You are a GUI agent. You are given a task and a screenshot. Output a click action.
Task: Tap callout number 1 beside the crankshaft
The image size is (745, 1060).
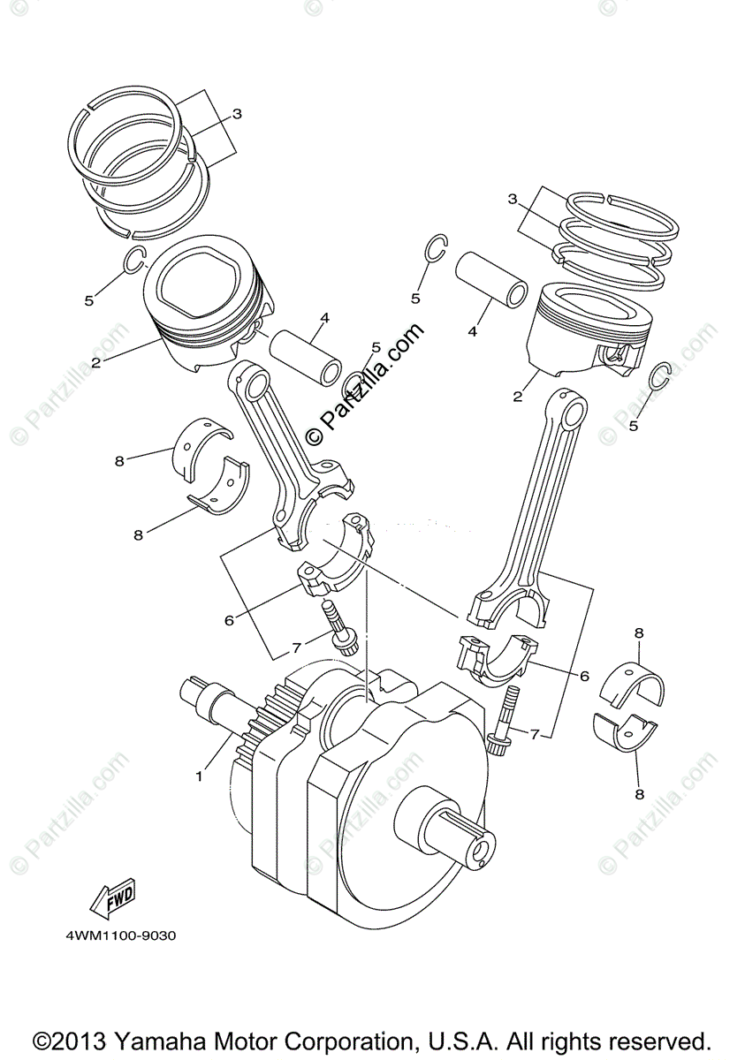(x=200, y=776)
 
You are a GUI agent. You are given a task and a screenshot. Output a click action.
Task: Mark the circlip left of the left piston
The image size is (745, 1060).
(x=133, y=261)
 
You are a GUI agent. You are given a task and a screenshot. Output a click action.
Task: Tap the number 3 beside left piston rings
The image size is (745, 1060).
(x=237, y=114)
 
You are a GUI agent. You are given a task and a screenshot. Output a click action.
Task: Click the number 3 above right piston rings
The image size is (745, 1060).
(x=512, y=200)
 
